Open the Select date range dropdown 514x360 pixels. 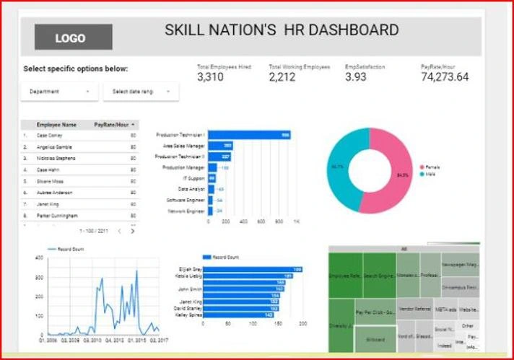140,92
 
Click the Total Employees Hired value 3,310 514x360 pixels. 210,77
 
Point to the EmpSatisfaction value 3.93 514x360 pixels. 356,77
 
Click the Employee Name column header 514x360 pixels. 56,125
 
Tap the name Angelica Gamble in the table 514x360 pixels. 53,146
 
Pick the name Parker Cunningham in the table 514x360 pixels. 57,216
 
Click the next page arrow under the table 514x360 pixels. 133,231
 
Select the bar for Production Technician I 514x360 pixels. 249,135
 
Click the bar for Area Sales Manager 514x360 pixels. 220,146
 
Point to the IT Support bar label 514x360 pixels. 193,178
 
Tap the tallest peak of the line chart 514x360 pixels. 136,272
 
